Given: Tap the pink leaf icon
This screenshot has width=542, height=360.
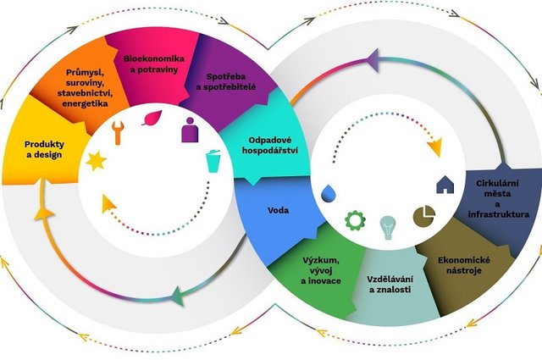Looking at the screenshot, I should [x=153, y=118].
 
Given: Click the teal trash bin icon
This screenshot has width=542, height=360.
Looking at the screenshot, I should [x=213, y=158].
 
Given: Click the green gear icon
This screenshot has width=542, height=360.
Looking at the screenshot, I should [x=355, y=221].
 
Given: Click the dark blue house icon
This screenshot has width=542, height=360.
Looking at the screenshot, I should [x=444, y=183].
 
